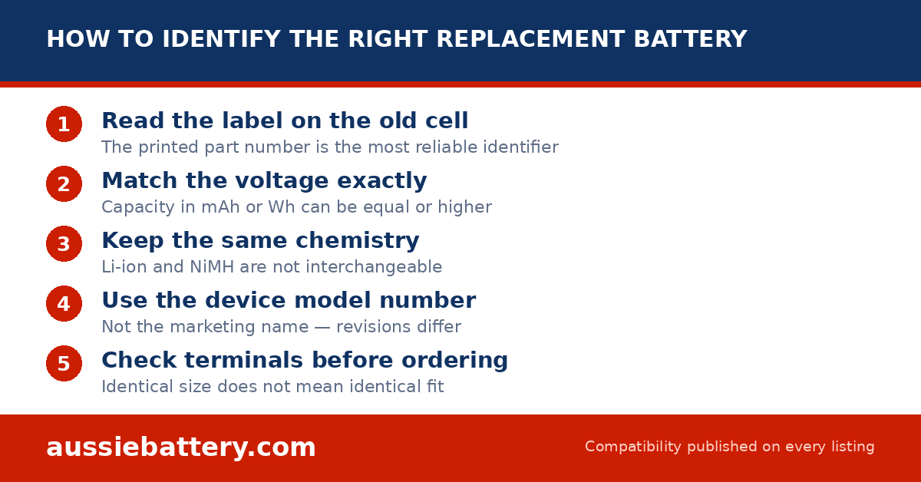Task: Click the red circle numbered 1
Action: [x=64, y=124]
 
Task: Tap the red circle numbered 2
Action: [x=64, y=184]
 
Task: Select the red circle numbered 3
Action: [x=64, y=243]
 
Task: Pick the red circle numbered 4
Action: [x=64, y=303]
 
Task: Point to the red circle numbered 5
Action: [x=64, y=364]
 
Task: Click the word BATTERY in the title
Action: [x=690, y=39]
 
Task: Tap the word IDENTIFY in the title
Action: [x=222, y=39]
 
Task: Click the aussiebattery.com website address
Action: [x=181, y=447]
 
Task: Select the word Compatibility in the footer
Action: [x=633, y=447]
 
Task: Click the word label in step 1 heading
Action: [x=252, y=121]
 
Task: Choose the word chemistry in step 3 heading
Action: [x=358, y=240]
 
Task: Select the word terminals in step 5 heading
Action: [x=244, y=360]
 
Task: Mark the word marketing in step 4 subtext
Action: [x=239, y=327]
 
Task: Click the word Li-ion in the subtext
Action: [x=124, y=267]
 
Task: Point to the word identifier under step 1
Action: [x=520, y=147]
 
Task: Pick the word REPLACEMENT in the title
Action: [x=531, y=39]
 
